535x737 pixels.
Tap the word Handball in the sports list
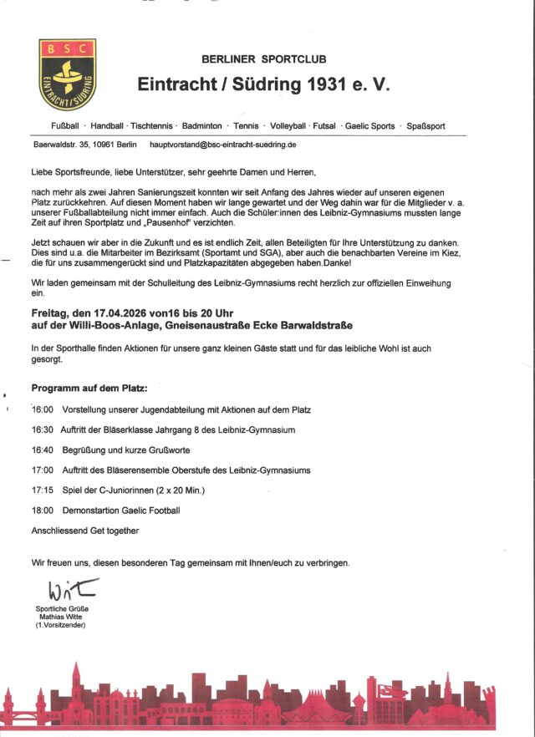click(x=106, y=126)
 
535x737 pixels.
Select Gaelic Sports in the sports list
click(x=371, y=126)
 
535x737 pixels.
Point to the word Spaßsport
click(x=425, y=126)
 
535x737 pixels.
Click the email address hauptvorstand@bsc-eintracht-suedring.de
click(x=222, y=145)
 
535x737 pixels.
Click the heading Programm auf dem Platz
click(x=89, y=389)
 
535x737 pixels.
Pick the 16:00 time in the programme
click(x=43, y=410)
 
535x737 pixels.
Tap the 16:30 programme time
click(x=43, y=430)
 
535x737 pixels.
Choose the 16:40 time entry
click(x=43, y=450)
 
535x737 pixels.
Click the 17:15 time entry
click(x=43, y=490)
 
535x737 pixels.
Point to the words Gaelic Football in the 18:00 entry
click(x=150, y=511)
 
